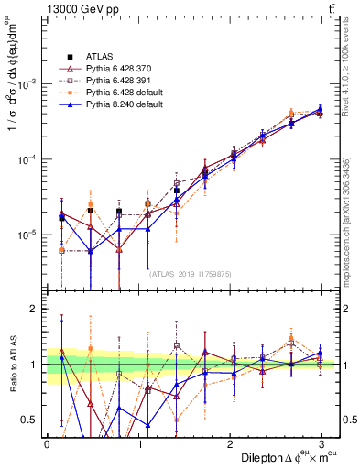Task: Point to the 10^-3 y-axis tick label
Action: (27, 83)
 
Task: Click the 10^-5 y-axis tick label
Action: (27, 235)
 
